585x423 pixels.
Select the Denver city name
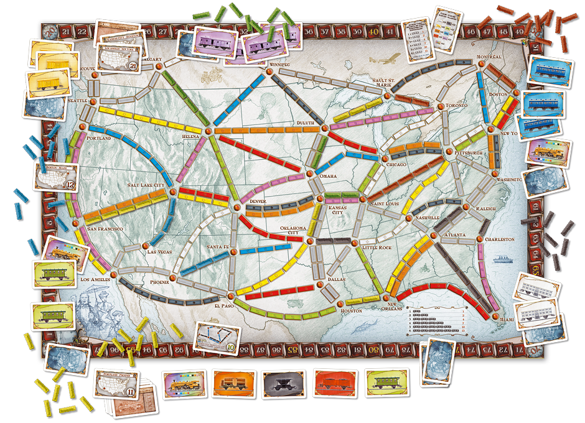click(256, 202)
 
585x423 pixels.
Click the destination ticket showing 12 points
click(55, 177)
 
